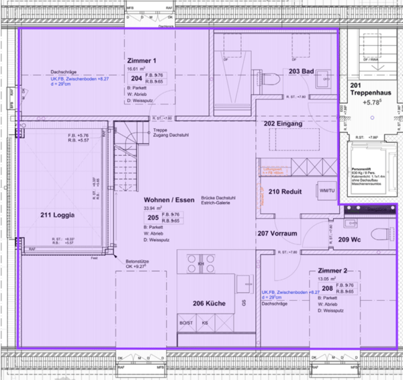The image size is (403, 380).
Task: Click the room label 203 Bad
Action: (x=301, y=70)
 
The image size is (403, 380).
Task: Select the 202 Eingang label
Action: (x=283, y=124)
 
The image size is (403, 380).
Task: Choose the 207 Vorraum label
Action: (x=277, y=234)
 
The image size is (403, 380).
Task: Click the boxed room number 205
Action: (x=153, y=217)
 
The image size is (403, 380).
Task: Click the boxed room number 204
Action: (x=136, y=79)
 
